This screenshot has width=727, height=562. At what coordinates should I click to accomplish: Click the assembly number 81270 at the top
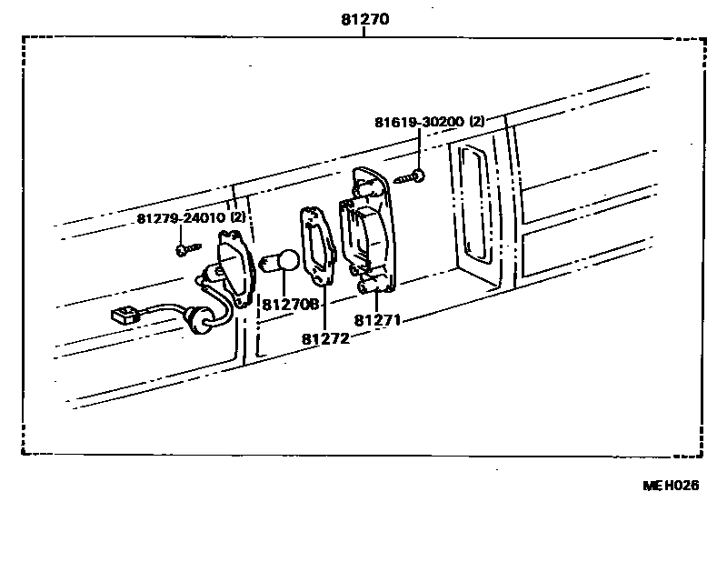(x=363, y=18)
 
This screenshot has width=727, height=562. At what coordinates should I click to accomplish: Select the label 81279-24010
(x=181, y=219)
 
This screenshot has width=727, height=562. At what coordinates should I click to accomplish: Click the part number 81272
(x=325, y=338)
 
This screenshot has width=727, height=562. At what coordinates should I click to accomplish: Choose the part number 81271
(x=377, y=321)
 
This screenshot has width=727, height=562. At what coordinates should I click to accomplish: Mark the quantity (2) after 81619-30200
(x=479, y=121)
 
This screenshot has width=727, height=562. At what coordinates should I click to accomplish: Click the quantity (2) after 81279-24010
(x=238, y=219)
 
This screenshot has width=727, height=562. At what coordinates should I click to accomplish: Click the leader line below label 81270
(x=363, y=32)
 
